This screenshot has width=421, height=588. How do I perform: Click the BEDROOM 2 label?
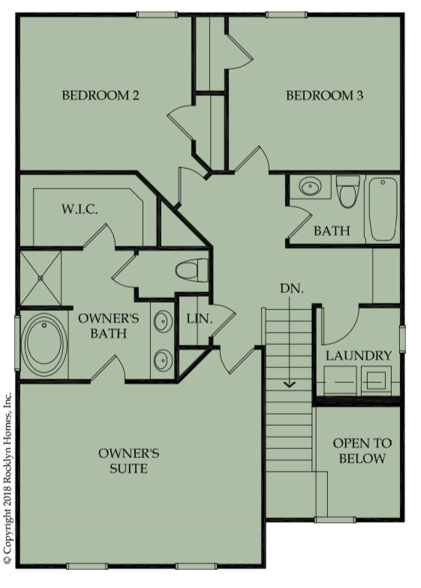(101, 95)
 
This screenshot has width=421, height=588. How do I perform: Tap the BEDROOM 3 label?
(325, 95)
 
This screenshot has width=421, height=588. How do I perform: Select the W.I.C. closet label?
(80, 209)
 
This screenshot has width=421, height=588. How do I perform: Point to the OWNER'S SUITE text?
(128, 460)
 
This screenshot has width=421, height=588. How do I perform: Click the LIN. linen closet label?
(200, 318)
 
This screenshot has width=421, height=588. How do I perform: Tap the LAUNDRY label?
(359, 355)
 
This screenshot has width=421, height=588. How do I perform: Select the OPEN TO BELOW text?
(362, 451)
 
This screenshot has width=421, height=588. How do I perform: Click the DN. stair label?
(292, 288)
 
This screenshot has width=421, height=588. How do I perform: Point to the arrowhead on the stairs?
(290, 384)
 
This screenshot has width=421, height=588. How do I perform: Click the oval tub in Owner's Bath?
(44, 343)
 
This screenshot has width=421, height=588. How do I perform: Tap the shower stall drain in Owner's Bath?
(41, 278)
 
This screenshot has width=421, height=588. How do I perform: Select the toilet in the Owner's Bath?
(192, 270)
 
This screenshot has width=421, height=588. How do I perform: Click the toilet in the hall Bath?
(348, 191)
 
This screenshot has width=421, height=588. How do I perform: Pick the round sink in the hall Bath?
(311, 187)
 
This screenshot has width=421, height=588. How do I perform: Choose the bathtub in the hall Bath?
(383, 210)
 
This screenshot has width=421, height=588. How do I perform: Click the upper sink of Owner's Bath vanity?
(164, 321)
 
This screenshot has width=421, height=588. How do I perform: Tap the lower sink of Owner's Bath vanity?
(164, 360)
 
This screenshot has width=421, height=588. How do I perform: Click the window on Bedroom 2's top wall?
(157, 14)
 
